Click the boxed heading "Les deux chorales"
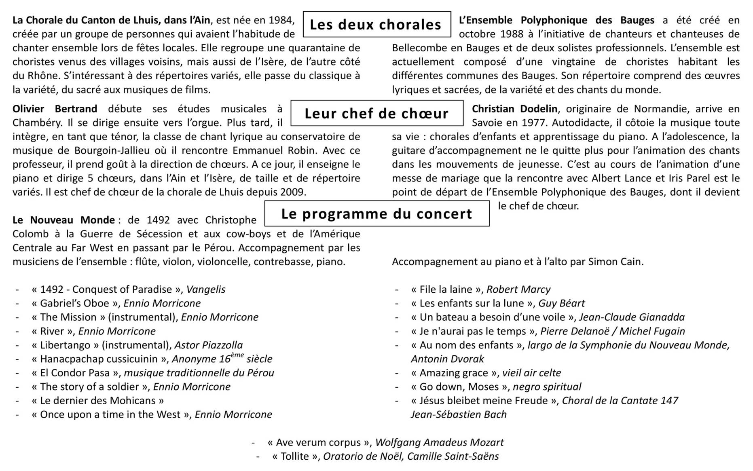point(376,25)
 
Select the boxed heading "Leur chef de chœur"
point(376,114)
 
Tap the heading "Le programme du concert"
point(376,213)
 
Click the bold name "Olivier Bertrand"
point(55,109)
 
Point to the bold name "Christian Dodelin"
point(514,109)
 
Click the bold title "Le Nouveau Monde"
point(63,220)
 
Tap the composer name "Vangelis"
point(206,289)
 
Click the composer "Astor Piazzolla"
point(209,345)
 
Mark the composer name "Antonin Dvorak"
point(447,359)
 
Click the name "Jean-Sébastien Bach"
point(459,414)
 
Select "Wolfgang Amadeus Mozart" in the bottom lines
point(439,443)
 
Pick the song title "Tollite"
point(295,456)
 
